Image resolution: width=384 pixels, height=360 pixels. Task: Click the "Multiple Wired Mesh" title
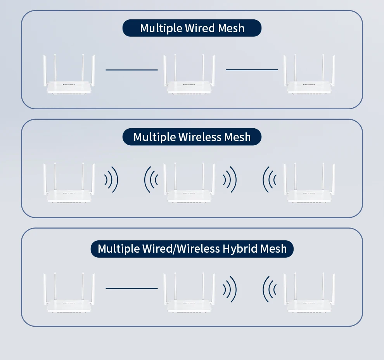click(192, 28)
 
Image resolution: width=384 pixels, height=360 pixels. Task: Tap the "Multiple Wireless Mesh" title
click(192, 137)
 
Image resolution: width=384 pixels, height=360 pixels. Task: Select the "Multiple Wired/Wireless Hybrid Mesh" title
click(192, 248)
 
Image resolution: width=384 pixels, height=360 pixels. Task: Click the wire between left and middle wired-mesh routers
click(131, 70)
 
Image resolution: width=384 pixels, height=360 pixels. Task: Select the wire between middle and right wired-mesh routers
click(251, 70)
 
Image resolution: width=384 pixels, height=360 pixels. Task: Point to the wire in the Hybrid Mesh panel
click(131, 288)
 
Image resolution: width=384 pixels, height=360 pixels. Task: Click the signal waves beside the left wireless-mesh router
click(111, 179)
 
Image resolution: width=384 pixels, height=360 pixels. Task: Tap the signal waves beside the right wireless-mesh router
click(270, 179)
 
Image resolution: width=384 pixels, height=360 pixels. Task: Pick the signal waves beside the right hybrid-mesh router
click(270, 289)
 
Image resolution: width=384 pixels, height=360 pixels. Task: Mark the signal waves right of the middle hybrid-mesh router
click(230, 289)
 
